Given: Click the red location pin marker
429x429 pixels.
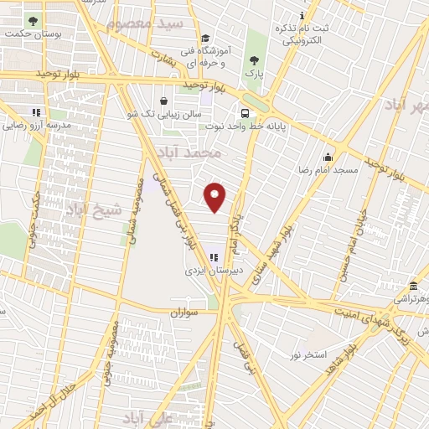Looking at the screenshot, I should point(216,198).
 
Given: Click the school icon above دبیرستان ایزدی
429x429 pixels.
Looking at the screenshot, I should point(213,256).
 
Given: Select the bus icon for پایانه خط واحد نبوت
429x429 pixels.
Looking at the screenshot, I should point(245,113).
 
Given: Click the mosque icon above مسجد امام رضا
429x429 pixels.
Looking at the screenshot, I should point(328,157).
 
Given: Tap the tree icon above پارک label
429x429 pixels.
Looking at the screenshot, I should point(254,59).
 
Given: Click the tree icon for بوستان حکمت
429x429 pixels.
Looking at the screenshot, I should point(33,20).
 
